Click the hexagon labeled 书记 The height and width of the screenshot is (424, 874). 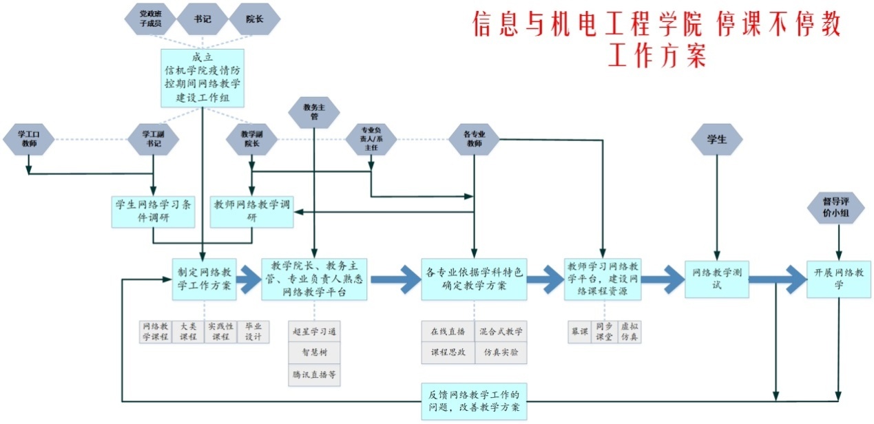click(x=202, y=19)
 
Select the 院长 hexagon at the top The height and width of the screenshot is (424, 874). click(x=254, y=19)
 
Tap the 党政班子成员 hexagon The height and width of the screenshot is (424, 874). click(x=149, y=19)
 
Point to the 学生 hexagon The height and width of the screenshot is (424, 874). click(x=717, y=139)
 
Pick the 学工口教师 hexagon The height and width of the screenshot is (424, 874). click(x=28, y=139)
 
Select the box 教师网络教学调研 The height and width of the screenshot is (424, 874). click(x=252, y=211)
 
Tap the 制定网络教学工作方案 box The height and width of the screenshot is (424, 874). click(x=204, y=279)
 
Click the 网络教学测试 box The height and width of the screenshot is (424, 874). click(x=716, y=278)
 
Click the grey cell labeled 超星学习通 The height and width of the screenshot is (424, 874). click(x=314, y=332)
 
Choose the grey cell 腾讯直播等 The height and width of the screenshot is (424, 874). click(x=314, y=374)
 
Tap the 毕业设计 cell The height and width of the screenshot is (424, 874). click(x=253, y=332)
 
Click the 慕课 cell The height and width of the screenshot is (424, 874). click(x=578, y=332)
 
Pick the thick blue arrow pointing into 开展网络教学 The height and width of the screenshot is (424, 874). click(x=778, y=279)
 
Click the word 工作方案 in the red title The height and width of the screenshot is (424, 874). click(x=657, y=55)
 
